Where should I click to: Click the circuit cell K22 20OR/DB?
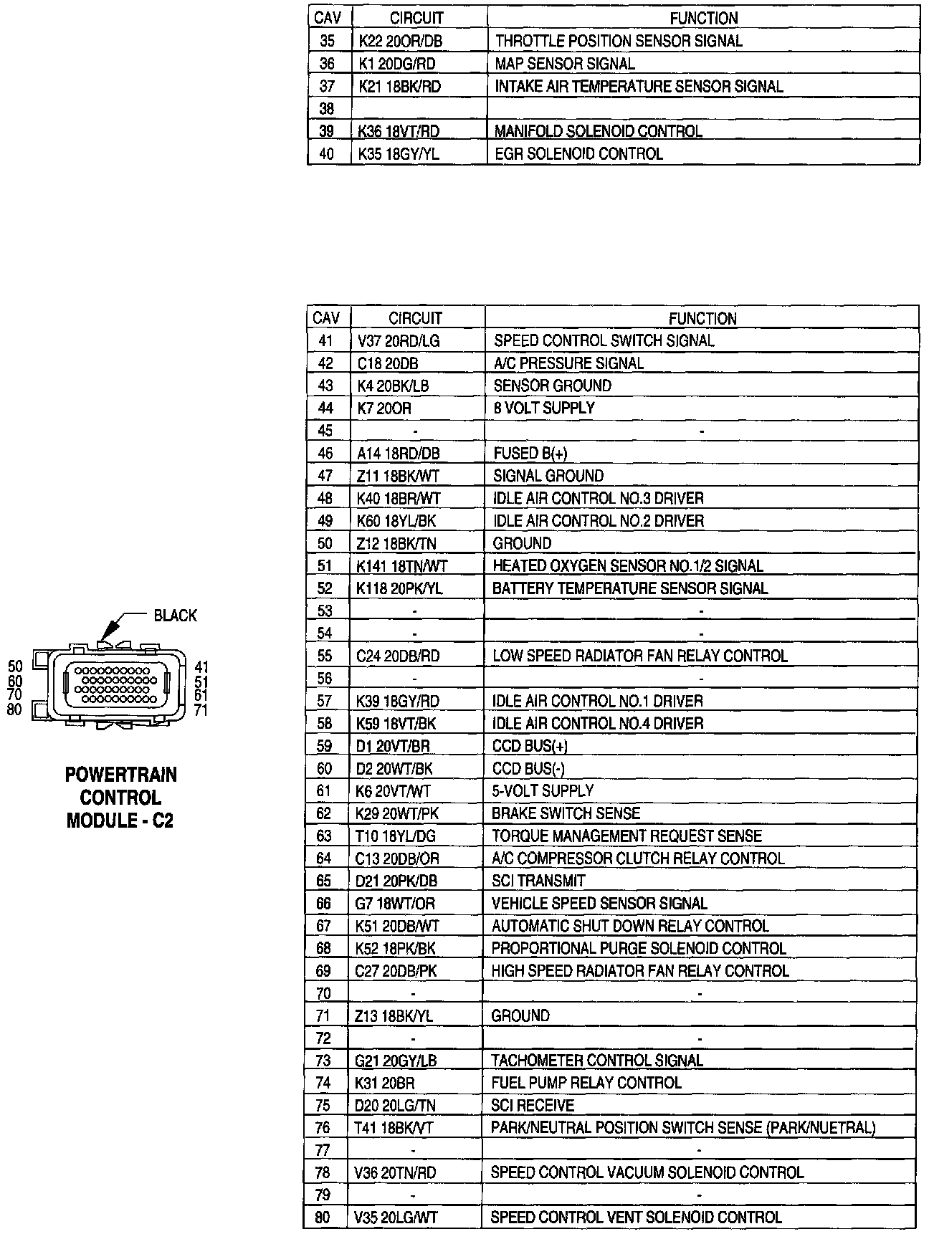coord(400,42)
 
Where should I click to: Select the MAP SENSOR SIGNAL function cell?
coord(564,64)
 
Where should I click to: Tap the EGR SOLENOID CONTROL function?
coord(578,153)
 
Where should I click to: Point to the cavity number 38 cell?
coord(327,109)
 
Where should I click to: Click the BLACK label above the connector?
coord(175,616)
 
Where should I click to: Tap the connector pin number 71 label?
coord(201,710)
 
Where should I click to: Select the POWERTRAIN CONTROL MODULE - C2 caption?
coord(120,798)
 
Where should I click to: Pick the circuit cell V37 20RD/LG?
coord(398,341)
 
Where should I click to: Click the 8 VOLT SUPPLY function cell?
coord(544,408)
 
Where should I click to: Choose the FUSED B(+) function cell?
coord(530,453)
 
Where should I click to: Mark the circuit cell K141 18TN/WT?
coord(401,566)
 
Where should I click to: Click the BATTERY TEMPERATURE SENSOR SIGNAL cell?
coord(630,588)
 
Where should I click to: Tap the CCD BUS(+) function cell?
coord(530,746)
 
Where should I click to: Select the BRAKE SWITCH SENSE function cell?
coord(566,813)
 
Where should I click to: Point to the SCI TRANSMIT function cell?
coord(538,881)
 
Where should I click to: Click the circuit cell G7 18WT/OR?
coord(395,904)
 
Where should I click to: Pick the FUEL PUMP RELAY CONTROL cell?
coord(586,1083)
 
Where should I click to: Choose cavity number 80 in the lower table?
coord(323,1218)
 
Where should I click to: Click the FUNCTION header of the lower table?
coord(702,318)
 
